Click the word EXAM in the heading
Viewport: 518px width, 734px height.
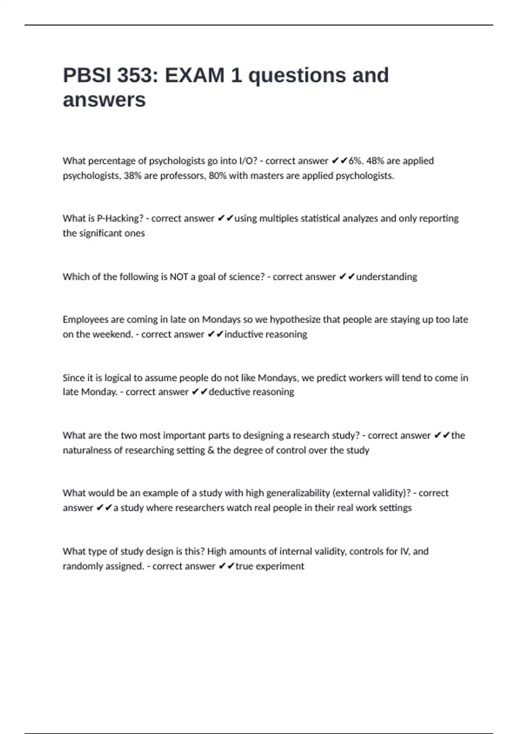pyautogui.click(x=195, y=76)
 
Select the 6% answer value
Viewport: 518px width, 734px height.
pyautogui.click(x=356, y=161)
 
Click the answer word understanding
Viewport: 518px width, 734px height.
pyautogui.click(x=386, y=277)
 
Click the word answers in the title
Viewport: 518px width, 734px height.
pyautogui.click(x=104, y=100)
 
